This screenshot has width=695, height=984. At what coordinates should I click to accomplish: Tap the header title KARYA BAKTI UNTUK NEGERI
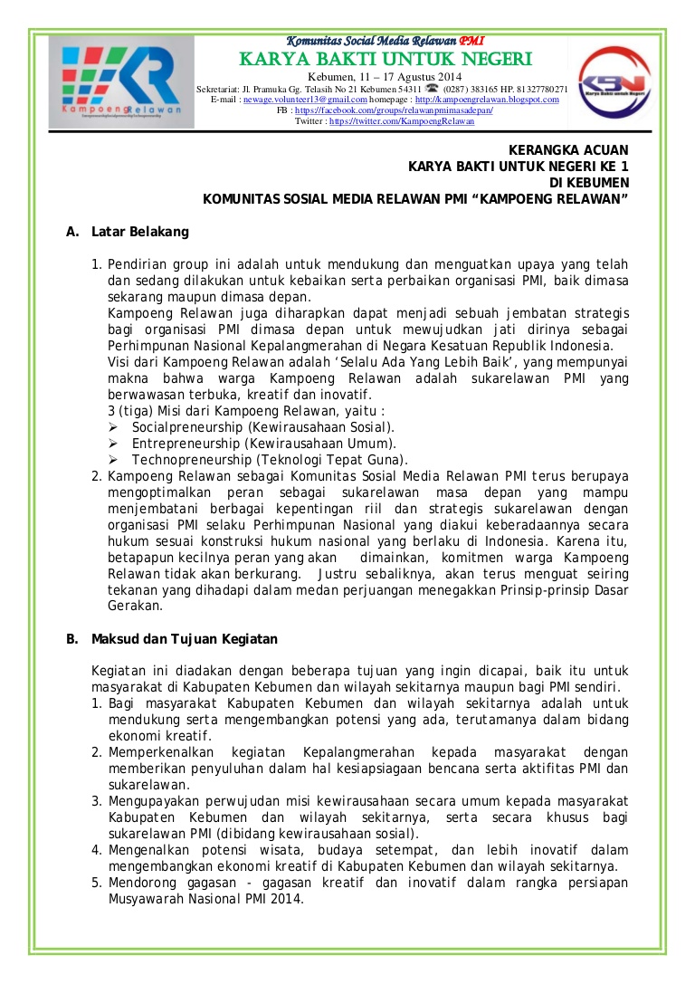tap(385, 60)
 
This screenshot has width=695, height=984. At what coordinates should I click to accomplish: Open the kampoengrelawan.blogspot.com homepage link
tap(487, 100)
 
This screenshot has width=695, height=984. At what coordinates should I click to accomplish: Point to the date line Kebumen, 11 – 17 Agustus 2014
tap(385, 76)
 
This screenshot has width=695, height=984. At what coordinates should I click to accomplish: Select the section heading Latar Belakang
tap(140, 232)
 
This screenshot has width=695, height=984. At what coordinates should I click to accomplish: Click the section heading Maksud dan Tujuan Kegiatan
tap(185, 639)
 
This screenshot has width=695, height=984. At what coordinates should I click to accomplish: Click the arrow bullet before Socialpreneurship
tap(113, 426)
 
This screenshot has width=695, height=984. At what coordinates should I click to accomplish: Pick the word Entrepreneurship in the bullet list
tap(186, 444)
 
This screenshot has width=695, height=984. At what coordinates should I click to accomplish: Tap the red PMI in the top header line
tap(471, 42)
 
